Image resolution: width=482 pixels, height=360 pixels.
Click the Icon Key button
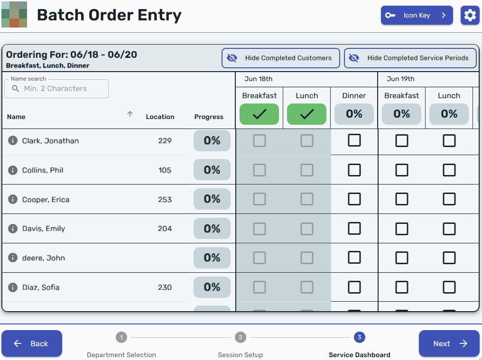[x=417, y=15]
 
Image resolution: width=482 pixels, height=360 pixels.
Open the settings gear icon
[x=470, y=15]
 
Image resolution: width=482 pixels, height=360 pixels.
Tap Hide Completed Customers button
[x=281, y=58]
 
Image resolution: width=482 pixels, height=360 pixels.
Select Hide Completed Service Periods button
[x=410, y=58]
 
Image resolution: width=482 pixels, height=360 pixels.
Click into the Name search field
[x=56, y=89]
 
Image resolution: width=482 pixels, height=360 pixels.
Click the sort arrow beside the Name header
[x=130, y=114]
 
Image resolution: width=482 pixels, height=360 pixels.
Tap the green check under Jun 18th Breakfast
[x=259, y=114]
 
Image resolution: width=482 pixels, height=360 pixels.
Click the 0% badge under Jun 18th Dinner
[x=354, y=114]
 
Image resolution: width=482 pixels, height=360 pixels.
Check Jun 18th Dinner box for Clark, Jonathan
[x=354, y=140]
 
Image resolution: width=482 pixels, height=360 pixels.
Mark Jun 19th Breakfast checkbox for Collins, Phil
[x=402, y=170]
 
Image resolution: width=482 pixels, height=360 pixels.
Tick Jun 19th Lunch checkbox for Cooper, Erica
[x=449, y=199]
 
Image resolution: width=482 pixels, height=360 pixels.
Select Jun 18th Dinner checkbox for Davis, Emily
[x=354, y=229]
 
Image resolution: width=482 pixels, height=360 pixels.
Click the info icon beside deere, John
[x=13, y=258]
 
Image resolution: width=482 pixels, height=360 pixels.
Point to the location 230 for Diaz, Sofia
[x=165, y=287]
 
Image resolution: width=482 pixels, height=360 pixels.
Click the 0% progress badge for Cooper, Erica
[x=212, y=199]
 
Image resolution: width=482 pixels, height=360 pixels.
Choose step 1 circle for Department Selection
[x=121, y=337]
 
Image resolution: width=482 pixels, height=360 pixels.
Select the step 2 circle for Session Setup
[x=241, y=337]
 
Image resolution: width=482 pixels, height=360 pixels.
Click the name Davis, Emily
[x=44, y=229]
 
